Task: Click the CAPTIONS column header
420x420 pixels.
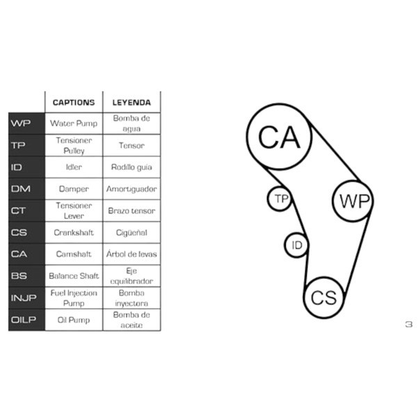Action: [74, 103]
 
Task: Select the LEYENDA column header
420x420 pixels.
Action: [131, 103]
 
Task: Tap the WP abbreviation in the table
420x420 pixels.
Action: [21, 124]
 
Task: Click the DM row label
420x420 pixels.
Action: [21, 189]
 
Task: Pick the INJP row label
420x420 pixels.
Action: [24, 298]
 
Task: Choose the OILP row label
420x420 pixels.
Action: [24, 320]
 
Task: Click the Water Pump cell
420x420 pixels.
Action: [74, 124]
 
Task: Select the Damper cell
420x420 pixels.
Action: [74, 189]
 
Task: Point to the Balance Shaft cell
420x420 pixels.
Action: [74, 276]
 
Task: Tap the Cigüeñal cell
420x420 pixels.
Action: [131, 232]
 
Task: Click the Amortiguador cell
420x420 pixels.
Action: [131, 189]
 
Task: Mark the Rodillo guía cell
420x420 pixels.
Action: [131, 167]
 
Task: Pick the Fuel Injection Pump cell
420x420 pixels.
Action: [74, 298]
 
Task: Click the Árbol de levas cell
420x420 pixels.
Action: [131, 254]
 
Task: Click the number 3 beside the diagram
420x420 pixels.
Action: [409, 324]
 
